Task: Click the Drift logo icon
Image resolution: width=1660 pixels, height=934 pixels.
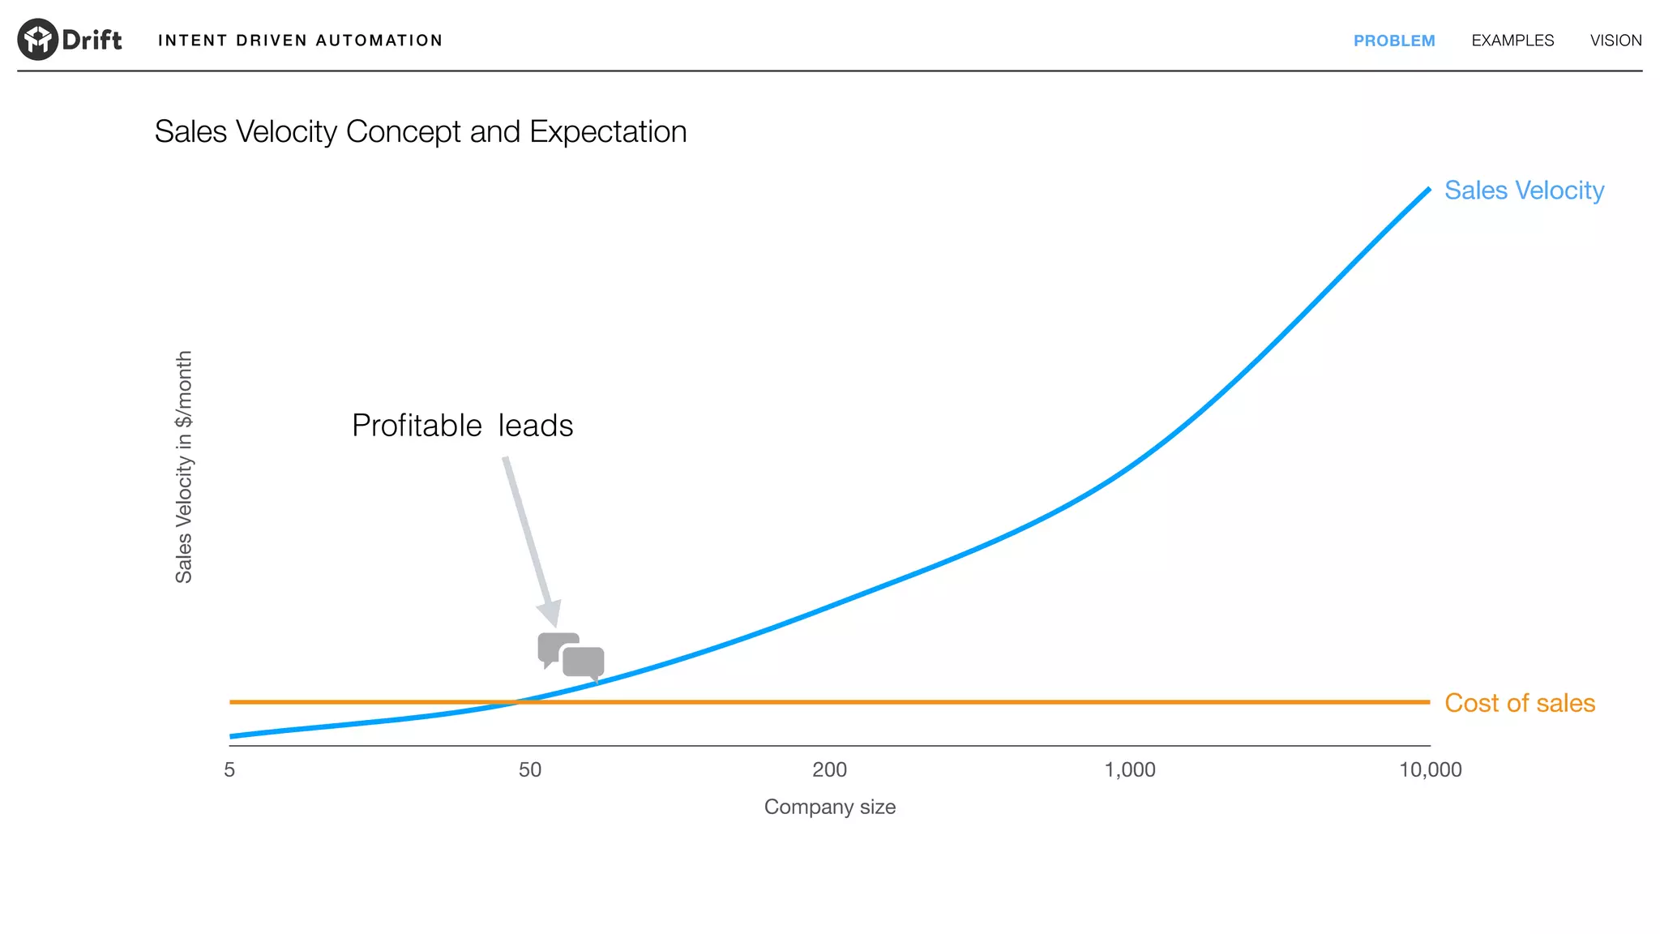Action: [37, 39]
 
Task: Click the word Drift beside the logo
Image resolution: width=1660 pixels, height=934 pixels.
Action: [92, 40]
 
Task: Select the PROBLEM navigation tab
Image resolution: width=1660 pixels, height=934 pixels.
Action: [1393, 41]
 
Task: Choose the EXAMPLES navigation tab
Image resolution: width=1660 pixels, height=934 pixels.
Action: [1512, 41]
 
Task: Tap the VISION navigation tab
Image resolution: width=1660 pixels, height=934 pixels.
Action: [1615, 41]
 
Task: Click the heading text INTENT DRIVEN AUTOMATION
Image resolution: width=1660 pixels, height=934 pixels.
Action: [300, 41]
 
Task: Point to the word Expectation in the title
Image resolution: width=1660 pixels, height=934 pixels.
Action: [608, 132]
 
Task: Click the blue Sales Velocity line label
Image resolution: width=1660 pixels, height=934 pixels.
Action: [1524, 191]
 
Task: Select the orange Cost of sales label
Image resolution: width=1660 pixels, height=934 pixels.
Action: [1519, 703]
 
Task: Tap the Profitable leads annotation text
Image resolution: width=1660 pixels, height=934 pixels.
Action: [462, 426]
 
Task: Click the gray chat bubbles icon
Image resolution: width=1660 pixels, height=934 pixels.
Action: [571, 655]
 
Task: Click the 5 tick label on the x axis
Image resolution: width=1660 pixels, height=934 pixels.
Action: [229, 769]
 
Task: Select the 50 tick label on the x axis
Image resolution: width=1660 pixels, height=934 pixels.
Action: [529, 769]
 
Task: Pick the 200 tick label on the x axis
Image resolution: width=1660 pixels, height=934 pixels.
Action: [829, 769]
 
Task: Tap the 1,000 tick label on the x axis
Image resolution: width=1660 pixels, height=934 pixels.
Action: [1130, 769]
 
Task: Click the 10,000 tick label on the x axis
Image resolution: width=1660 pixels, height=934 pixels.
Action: [1430, 769]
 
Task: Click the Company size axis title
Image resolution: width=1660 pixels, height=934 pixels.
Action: [829, 807]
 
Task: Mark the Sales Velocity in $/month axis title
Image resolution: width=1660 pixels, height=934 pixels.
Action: [184, 466]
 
